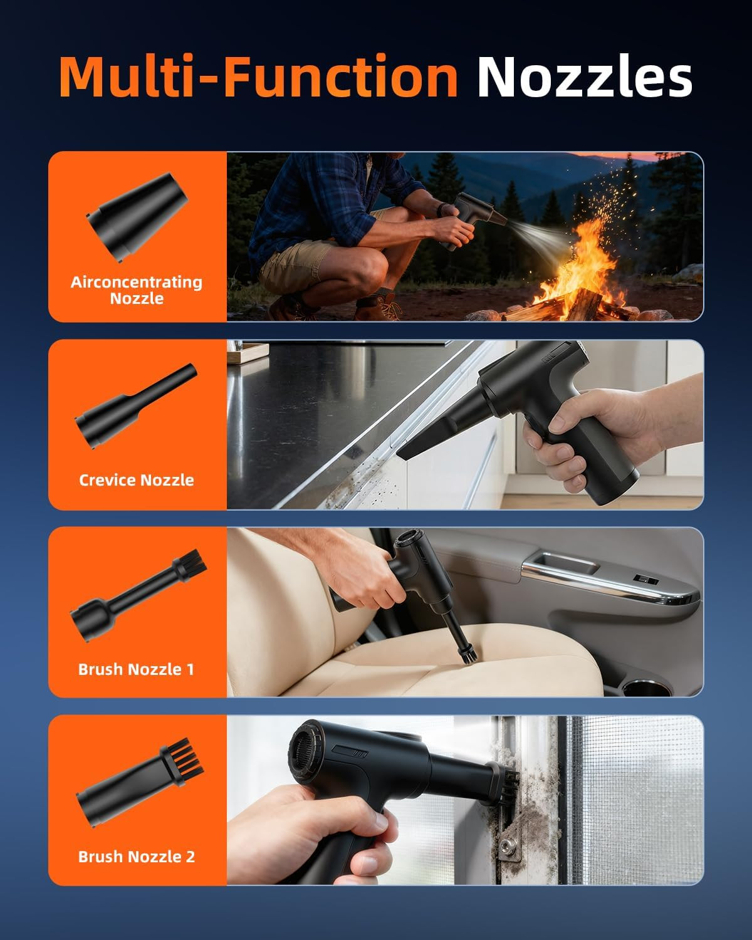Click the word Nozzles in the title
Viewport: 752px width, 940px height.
585,76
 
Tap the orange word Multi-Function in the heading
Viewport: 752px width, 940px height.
259,76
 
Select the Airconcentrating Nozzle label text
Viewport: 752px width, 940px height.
137,290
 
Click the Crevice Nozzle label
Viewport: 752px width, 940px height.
137,480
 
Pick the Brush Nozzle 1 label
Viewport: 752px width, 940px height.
136,669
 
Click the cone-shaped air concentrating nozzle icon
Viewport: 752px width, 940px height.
137,217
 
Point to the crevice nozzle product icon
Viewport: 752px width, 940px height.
136,406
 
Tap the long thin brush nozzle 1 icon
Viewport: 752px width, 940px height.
138,595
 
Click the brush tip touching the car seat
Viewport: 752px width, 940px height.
468,656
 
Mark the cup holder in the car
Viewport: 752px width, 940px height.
646,689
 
